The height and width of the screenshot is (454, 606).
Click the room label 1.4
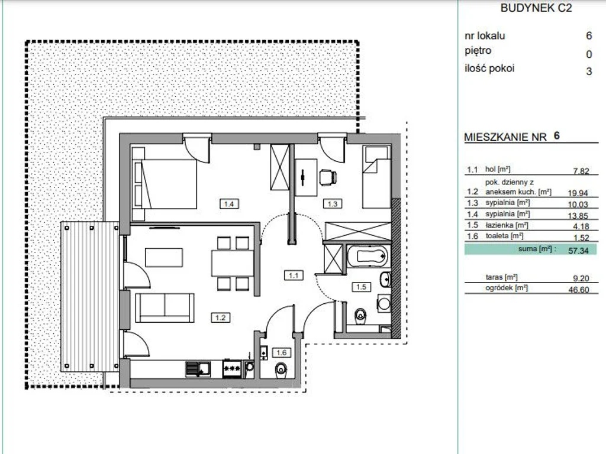229,203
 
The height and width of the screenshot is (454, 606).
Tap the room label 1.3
333,203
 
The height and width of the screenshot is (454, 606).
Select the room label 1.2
220,317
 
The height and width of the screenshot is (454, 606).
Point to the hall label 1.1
294,275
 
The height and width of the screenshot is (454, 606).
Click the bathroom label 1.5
361,287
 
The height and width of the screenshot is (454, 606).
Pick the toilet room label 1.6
281,352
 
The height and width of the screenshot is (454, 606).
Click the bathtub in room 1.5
367,255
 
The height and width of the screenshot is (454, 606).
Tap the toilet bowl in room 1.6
281,370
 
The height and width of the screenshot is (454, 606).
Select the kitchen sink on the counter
198,369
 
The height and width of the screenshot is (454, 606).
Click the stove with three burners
232,369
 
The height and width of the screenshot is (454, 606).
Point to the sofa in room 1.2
165,307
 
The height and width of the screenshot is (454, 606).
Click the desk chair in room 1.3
328,177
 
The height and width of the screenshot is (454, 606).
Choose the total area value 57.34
579,251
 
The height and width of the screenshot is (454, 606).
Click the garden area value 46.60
579,290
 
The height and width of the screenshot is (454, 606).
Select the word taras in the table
494,277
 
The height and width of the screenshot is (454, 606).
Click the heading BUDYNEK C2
536,8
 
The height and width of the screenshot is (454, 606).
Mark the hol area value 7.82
581,171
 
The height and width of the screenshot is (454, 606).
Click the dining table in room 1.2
232,264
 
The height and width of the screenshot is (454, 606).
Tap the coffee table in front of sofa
164,258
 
